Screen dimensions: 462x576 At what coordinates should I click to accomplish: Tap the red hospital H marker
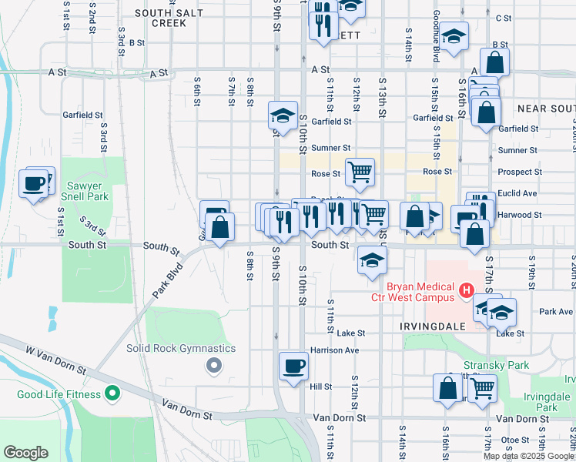tap(465, 290)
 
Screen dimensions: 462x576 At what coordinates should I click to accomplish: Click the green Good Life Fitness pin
tap(112, 394)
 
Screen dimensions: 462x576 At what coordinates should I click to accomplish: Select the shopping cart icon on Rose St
tap(360, 172)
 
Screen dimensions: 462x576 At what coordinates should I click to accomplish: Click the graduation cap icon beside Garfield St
tap(283, 115)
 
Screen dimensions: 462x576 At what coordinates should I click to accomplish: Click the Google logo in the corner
tap(26, 453)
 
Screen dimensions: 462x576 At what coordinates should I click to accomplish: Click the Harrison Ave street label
tap(334, 350)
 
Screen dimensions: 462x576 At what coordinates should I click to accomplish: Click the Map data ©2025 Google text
tap(528, 456)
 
